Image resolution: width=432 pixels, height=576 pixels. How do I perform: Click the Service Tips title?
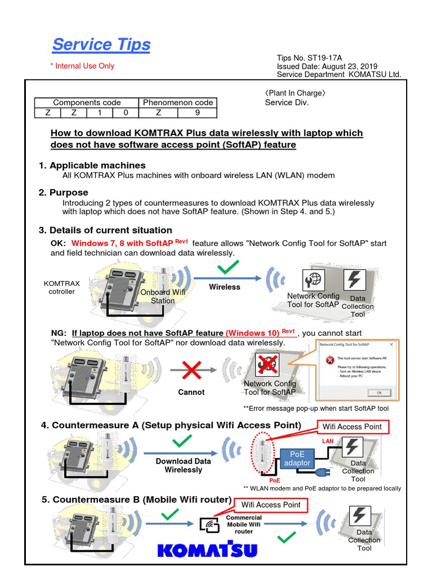pos(101,44)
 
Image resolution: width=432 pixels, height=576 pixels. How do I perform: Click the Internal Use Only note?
pos(82,66)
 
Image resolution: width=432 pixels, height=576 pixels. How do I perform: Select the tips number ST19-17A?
pos(317,57)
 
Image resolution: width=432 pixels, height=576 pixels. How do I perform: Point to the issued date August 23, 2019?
pos(327,66)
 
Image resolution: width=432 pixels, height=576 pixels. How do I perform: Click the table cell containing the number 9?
pos(196,112)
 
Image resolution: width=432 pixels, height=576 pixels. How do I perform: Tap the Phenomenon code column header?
pos(178,102)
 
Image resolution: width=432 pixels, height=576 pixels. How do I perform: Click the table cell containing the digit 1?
pos(100,112)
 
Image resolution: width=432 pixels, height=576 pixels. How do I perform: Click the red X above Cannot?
pos(191,371)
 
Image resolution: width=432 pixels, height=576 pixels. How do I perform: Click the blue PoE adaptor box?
pos(296,458)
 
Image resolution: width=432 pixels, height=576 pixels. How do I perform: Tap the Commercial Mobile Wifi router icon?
pos(210,524)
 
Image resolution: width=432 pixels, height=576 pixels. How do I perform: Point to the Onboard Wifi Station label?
pos(163,296)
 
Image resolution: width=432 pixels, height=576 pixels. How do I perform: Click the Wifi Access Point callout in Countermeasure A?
pos(352,426)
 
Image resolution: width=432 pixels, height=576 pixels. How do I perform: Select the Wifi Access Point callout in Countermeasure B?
pos(271,505)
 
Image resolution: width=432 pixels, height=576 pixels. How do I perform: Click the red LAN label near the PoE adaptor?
pos(328,442)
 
